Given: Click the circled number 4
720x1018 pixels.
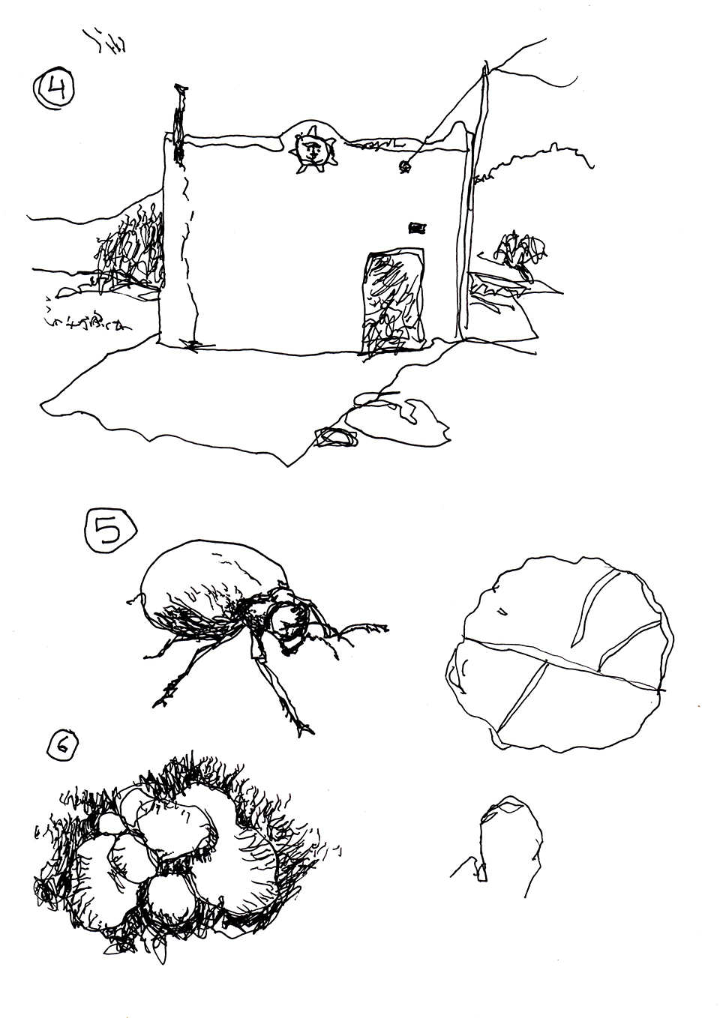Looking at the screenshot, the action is tap(55, 90).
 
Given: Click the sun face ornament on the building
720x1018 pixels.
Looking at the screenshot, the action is tap(313, 148).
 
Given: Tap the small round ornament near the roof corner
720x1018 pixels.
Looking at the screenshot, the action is tap(404, 166).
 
